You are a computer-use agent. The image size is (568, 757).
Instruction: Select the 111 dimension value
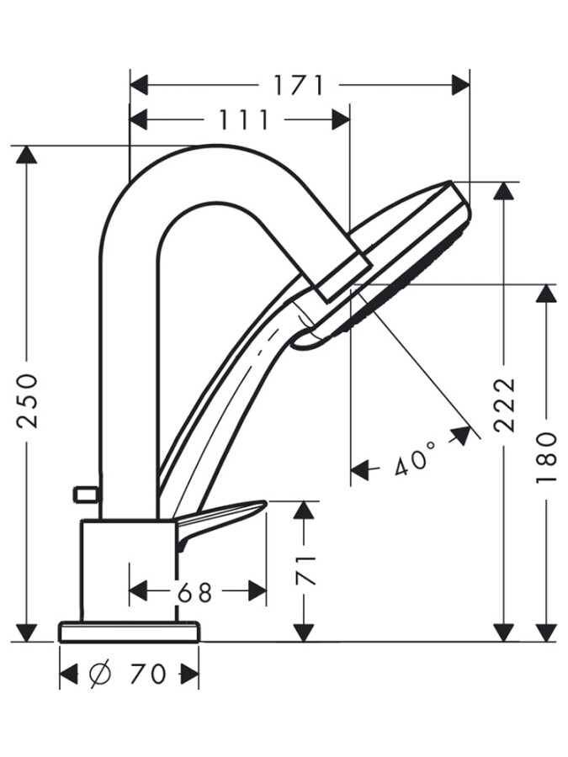pyautogui.click(x=244, y=120)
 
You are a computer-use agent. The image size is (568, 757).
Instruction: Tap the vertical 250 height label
pyautogui.click(x=28, y=400)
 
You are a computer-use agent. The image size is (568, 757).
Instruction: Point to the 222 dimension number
pyautogui.click(x=504, y=405)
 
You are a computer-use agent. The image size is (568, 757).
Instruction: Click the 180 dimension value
pyautogui.click(x=547, y=457)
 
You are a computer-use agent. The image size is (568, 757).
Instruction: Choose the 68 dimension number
pyautogui.click(x=195, y=592)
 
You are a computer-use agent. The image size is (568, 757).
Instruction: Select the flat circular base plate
pyautogui.click(x=129, y=632)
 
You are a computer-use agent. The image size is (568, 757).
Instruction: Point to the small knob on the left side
pyautogui.click(x=85, y=494)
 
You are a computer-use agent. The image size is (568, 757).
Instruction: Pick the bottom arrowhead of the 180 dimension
pyautogui.click(x=547, y=633)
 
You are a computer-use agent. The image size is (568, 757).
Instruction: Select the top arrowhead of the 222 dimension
pyautogui.click(x=504, y=191)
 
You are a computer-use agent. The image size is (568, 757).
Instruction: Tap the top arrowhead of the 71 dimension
pyautogui.click(x=304, y=510)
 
